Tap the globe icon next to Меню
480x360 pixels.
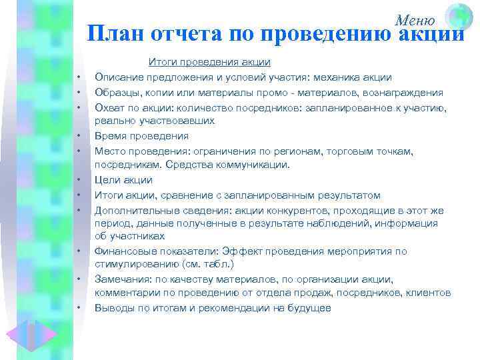(459, 17)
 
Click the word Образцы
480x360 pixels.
(117, 92)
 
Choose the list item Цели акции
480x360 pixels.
(123, 180)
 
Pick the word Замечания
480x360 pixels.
(121, 279)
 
